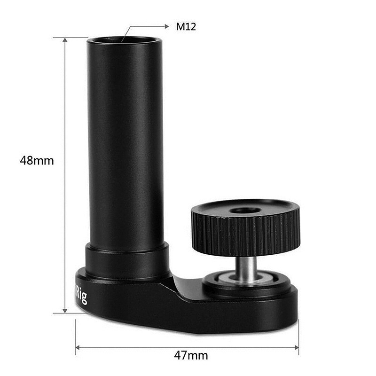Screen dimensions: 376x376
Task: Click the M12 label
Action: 186,27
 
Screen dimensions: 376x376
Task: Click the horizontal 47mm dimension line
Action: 141,348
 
